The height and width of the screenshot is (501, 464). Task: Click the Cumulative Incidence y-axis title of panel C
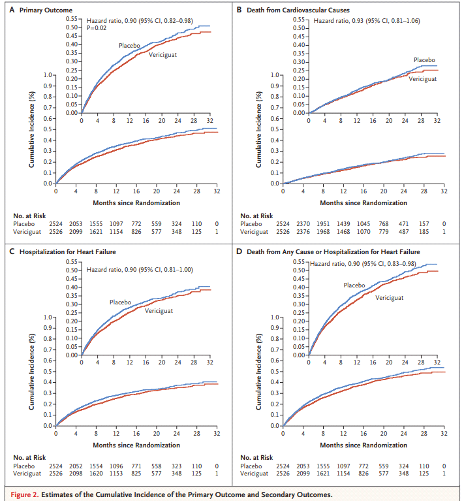[31, 372]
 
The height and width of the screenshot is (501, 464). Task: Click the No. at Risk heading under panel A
[31, 216]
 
